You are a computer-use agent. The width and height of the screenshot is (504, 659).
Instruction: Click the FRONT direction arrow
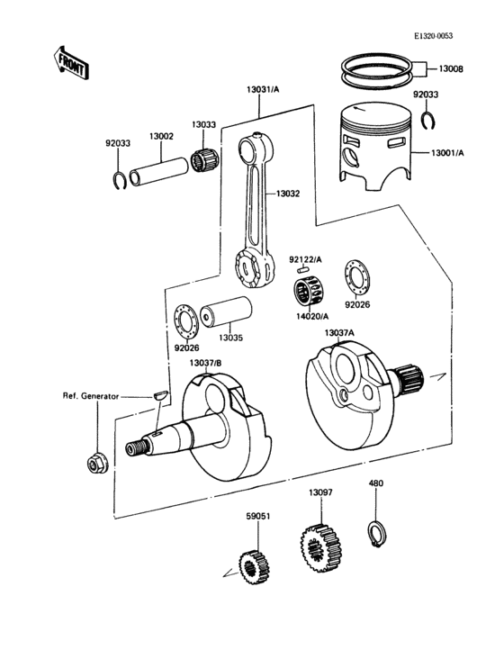point(70,62)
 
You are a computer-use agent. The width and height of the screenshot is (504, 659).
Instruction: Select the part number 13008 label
point(451,69)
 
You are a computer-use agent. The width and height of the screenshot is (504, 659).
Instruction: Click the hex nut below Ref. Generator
point(94,465)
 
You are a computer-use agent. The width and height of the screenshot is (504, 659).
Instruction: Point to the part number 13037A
point(339,332)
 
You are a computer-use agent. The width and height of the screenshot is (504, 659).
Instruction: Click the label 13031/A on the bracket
point(262,89)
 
